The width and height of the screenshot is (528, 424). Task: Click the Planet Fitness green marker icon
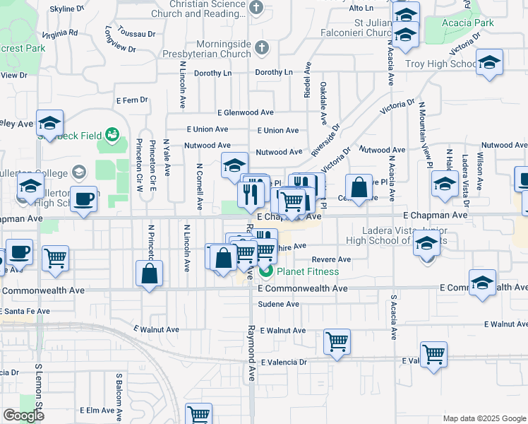click(266, 271)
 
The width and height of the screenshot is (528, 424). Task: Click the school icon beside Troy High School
click(489, 63)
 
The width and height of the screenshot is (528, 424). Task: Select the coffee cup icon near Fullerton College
click(84, 199)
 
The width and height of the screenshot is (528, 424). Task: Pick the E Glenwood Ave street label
click(245, 112)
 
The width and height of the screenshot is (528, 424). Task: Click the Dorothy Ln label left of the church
click(212, 73)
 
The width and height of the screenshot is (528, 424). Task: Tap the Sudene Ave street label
click(280, 304)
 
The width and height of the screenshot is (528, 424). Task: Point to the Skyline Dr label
click(68, 9)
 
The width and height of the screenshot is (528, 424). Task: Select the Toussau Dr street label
click(137, 34)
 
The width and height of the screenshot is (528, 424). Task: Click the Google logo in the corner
click(23, 416)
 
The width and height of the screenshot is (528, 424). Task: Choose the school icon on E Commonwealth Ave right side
click(482, 284)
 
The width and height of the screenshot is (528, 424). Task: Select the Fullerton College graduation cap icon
click(78, 172)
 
